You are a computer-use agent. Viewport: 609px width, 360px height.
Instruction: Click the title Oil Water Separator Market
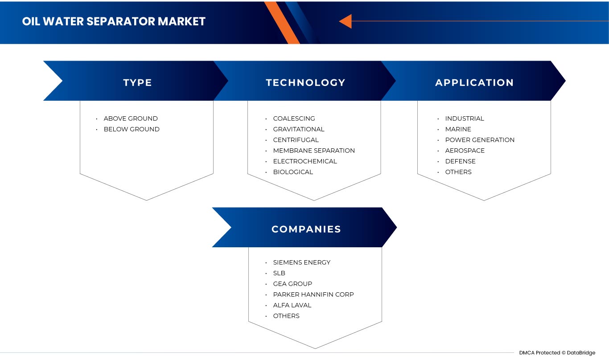tap(114, 21)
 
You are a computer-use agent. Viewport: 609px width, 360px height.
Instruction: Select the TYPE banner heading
tap(137, 83)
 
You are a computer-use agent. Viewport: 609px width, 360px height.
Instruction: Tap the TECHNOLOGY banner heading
tap(305, 83)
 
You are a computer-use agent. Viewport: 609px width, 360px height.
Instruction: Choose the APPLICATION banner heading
tap(474, 83)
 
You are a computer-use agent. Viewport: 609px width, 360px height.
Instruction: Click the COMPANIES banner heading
tap(306, 229)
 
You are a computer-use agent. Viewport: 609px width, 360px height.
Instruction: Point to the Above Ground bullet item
tap(131, 119)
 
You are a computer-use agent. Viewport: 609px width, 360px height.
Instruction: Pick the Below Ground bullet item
tap(132, 129)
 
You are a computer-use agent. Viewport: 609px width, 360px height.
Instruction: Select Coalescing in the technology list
tap(294, 119)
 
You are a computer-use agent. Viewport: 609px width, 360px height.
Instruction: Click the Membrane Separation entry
tap(314, 151)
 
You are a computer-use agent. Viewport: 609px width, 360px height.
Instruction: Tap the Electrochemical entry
tap(305, 161)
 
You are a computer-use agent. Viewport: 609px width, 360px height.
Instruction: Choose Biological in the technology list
tap(293, 172)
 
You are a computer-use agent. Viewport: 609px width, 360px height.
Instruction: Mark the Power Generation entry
tap(480, 140)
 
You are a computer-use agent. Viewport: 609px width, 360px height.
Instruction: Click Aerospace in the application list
tap(465, 151)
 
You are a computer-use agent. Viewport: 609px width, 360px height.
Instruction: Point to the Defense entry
tap(460, 161)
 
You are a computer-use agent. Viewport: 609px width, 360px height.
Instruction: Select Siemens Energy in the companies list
tap(302, 262)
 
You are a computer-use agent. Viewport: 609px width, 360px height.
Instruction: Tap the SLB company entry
tap(279, 273)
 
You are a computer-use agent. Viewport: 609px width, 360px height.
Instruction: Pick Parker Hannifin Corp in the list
tap(313, 295)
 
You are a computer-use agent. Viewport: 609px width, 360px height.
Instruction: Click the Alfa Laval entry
tap(292, 305)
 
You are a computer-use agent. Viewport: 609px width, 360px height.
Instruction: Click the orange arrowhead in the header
tap(346, 21)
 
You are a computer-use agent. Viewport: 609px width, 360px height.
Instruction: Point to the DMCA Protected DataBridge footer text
tap(557, 353)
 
